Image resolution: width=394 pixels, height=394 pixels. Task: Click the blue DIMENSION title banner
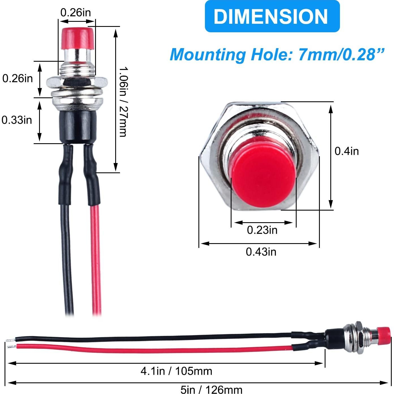tap(272, 16)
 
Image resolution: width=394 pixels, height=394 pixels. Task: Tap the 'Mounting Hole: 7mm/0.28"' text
tap(277, 54)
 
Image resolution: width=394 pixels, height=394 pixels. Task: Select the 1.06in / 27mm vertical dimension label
tap(123, 102)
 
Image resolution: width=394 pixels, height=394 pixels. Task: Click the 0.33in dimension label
tap(17, 120)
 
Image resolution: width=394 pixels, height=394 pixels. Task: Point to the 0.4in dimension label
tap(346, 151)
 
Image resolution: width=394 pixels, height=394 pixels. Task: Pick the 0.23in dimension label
tap(262, 230)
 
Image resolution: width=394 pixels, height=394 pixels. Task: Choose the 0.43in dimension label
tap(261, 252)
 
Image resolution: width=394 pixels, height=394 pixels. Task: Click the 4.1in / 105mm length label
tap(176, 371)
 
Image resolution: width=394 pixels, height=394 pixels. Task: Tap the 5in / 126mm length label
tap(211, 390)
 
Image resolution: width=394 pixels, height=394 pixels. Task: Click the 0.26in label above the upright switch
tap(76, 12)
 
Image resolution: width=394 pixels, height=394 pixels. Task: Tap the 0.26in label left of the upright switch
tap(18, 78)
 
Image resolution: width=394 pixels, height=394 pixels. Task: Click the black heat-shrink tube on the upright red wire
tap(92, 175)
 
